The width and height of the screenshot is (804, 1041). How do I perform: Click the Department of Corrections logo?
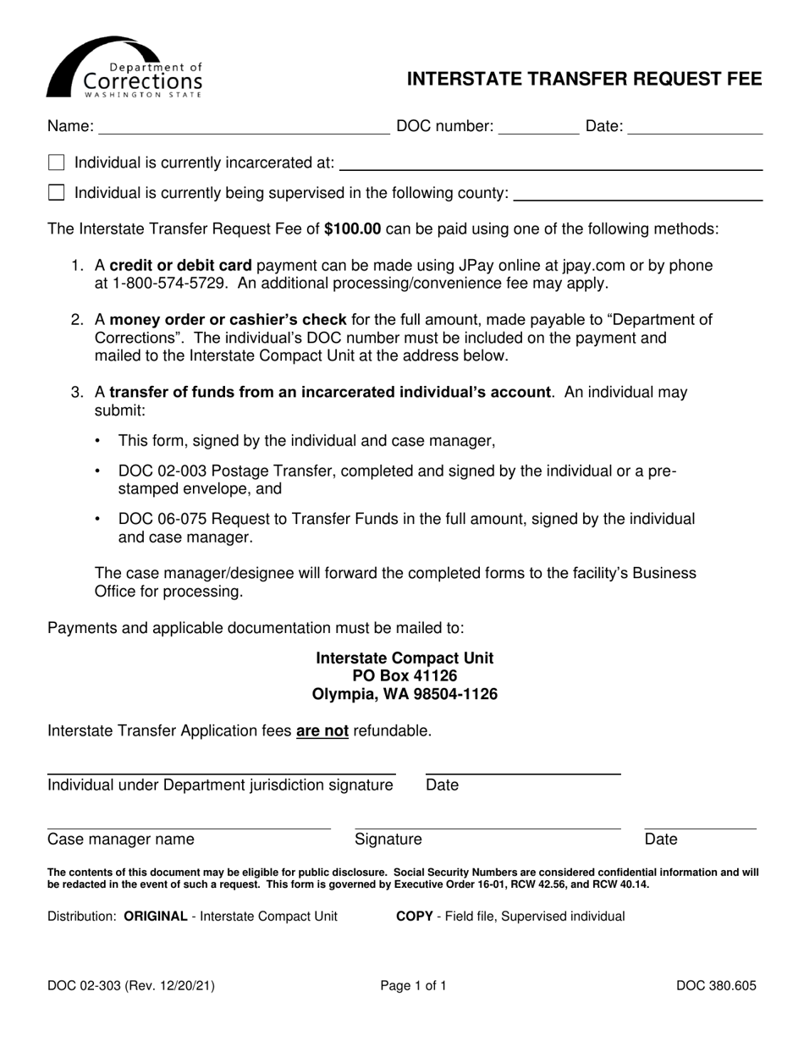pyautogui.click(x=124, y=68)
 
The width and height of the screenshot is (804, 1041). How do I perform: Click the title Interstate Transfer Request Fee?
pyautogui.click(x=584, y=80)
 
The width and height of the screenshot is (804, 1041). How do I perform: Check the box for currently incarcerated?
pyautogui.click(x=57, y=162)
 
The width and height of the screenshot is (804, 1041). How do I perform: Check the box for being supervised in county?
pyautogui.click(x=57, y=193)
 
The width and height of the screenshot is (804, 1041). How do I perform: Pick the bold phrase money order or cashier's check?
pyautogui.click(x=228, y=319)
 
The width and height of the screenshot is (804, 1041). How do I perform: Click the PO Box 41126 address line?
pyautogui.click(x=405, y=675)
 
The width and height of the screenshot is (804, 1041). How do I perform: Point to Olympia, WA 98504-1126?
pyautogui.click(x=405, y=694)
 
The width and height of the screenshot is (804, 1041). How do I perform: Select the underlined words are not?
pyautogui.click(x=322, y=730)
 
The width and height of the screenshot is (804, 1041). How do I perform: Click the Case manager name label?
pyautogui.click(x=121, y=840)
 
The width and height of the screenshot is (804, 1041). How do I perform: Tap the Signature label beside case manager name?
pyautogui.click(x=388, y=840)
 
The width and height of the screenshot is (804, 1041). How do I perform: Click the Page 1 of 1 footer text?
pyautogui.click(x=413, y=985)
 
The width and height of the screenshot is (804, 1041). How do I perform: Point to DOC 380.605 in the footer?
pyautogui.click(x=716, y=985)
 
